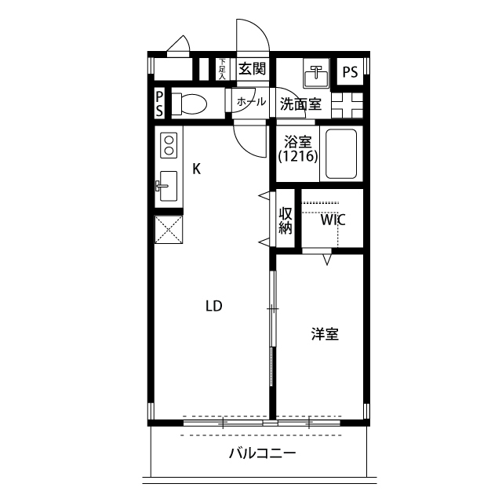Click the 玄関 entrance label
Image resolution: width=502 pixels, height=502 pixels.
tap(252, 68)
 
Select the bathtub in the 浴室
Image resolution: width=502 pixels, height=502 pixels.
tap(340, 154)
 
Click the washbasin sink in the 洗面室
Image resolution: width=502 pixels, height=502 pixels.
tap(318, 75)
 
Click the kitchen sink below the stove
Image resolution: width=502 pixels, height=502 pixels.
tap(169, 186)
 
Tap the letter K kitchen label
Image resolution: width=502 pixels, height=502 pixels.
tap(198, 169)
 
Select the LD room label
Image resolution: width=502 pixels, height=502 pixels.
tap(213, 307)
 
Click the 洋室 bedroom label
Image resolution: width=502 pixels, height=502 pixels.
tap(324, 334)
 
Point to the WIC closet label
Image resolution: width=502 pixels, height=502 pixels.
tap(333, 220)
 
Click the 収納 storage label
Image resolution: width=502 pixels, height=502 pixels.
tap(285, 220)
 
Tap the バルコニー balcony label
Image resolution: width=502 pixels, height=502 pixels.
tap(262, 453)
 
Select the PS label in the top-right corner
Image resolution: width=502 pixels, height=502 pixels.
tap(350, 72)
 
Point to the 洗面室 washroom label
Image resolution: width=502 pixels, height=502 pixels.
tap(301, 104)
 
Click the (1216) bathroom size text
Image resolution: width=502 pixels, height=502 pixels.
tap(297, 157)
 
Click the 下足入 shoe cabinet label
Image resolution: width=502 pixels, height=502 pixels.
tap(222, 70)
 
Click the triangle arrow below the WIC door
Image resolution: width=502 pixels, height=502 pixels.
tap(328, 259)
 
